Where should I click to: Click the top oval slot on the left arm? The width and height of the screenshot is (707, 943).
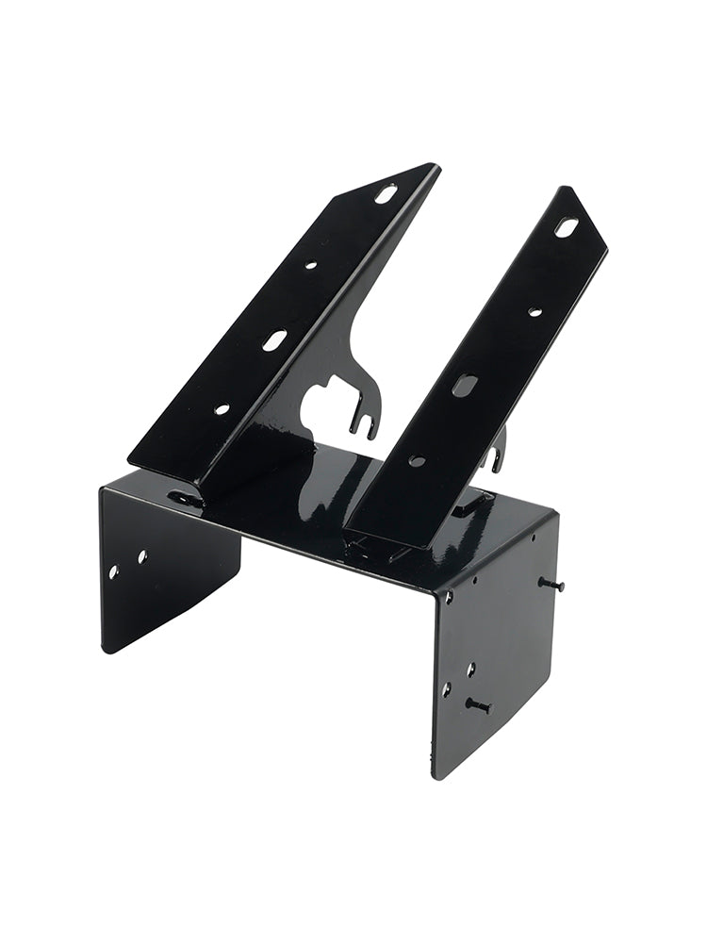coord(386,194)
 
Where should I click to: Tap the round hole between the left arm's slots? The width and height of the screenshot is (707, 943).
coord(310,266)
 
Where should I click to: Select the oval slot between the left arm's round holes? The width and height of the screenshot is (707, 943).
coord(274,340)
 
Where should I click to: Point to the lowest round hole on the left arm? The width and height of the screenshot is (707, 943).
coord(222,409)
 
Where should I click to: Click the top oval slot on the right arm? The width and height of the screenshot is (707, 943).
coord(566,227)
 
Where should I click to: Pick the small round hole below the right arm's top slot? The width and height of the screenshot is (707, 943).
coord(534,311)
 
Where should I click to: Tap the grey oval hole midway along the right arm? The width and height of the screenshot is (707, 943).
coord(464,385)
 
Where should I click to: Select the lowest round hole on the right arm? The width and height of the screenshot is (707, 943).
coord(416,461)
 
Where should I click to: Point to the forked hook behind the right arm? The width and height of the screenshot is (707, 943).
coord(496,453)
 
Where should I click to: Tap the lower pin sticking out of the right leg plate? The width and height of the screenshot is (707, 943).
coord(479,704)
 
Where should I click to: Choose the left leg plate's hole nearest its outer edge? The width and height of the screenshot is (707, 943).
coord(113,571)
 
